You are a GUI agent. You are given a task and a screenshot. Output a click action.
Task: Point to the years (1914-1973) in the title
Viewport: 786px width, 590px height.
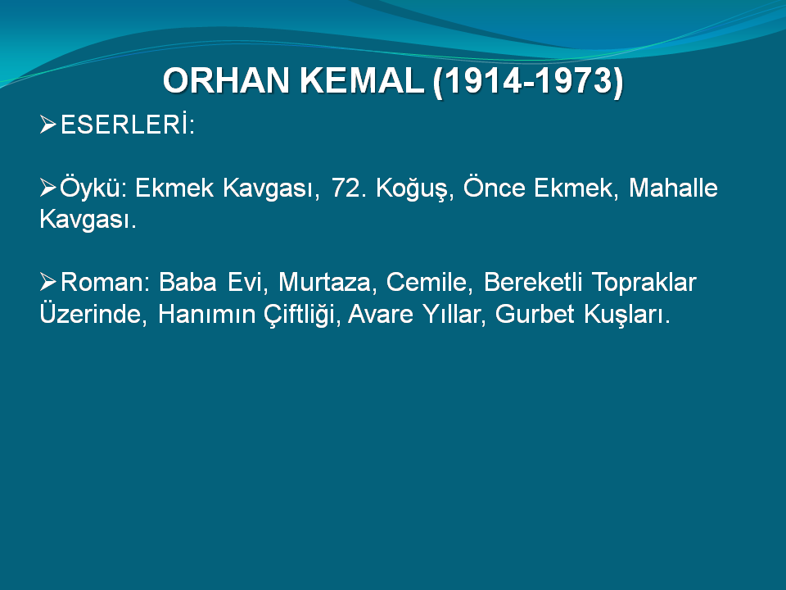(528, 81)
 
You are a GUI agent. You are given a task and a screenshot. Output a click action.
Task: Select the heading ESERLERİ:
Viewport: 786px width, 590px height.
(128, 125)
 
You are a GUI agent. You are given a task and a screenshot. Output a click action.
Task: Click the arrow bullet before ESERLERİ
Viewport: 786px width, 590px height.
(48, 125)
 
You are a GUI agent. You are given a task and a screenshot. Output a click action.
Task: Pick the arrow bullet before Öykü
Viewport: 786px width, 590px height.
(48, 188)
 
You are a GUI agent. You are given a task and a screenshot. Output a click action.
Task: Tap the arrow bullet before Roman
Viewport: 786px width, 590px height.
(48, 282)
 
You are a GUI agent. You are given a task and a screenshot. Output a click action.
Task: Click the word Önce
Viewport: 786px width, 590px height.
(495, 188)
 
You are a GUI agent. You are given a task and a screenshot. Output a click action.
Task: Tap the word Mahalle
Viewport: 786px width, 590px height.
(673, 188)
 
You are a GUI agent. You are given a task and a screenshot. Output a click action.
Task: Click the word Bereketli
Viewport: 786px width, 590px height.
(533, 282)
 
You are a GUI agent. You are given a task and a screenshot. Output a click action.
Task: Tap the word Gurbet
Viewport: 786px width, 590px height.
(535, 314)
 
